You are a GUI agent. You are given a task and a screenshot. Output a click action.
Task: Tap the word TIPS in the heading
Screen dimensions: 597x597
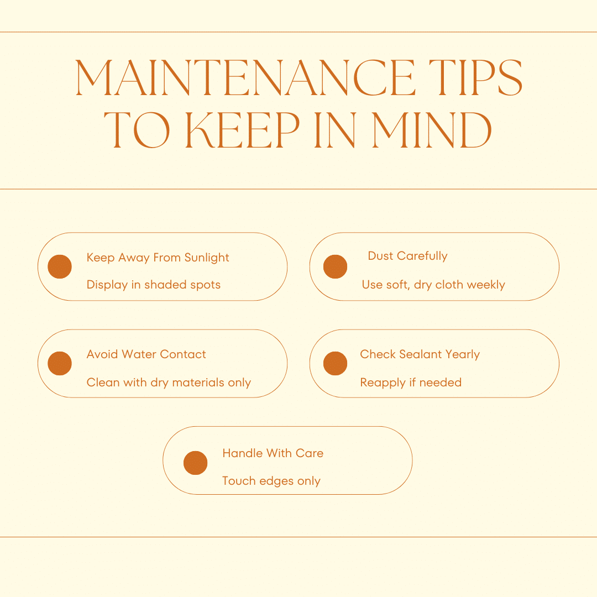[475, 78]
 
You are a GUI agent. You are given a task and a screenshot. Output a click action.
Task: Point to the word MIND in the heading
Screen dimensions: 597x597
[432, 130]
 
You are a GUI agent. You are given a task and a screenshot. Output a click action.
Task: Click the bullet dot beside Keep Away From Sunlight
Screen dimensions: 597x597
[60, 266]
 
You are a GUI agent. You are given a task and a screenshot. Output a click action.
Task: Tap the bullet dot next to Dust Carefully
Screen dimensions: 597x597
[335, 266]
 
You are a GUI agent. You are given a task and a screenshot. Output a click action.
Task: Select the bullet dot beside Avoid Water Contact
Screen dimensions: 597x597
[60, 363]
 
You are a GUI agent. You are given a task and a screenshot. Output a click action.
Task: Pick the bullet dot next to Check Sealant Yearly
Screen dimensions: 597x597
[335, 363]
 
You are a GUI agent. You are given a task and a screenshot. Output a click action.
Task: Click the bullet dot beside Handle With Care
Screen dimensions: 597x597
[195, 463]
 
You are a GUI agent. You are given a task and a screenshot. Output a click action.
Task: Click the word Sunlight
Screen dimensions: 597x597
[207, 258]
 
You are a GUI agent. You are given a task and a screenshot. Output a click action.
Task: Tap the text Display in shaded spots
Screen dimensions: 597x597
[154, 285]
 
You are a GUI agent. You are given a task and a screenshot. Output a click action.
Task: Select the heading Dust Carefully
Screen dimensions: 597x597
[407, 256]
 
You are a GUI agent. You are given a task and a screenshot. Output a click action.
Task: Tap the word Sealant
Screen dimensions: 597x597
[420, 354]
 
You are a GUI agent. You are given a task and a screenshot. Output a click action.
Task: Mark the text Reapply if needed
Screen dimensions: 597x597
[411, 383]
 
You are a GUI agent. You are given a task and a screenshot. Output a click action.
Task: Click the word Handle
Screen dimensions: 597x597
[243, 453]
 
